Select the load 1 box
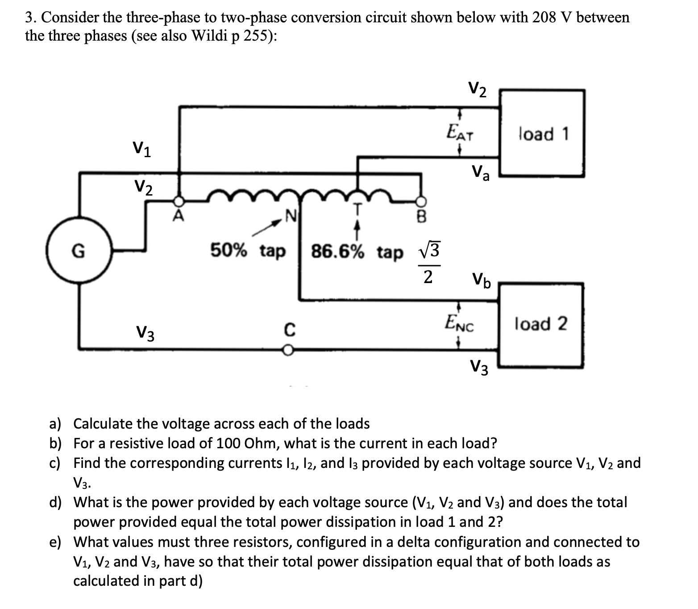tap(542, 133)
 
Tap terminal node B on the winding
tap(420, 200)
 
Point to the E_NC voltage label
tap(460, 323)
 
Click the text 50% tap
tap(248, 251)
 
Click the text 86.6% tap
tap(357, 252)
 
